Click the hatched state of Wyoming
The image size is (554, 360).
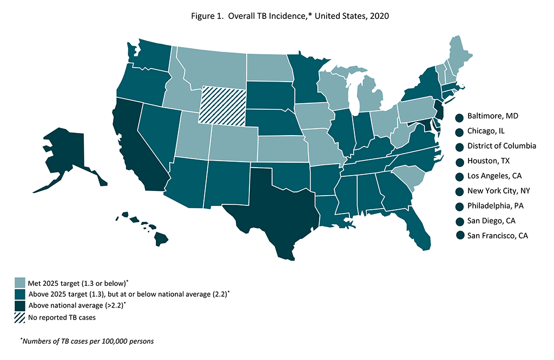click(x=223, y=105)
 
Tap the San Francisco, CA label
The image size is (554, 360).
click(x=497, y=236)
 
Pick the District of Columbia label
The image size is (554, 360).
click(x=502, y=146)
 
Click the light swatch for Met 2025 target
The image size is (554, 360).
click(x=20, y=283)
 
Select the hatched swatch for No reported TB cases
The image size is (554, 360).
click(x=20, y=317)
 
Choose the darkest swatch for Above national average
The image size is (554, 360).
click(x=20, y=306)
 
